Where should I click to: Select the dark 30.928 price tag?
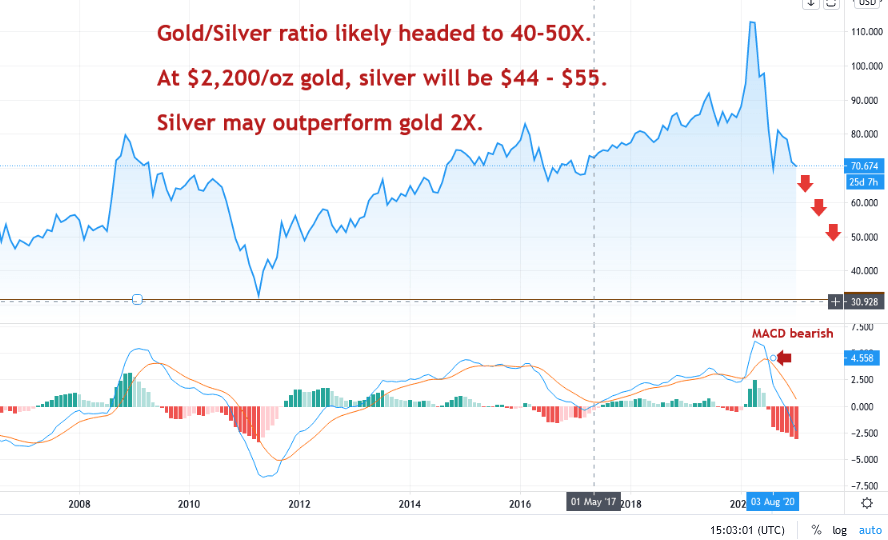[x=864, y=301]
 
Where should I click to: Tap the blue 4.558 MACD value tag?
[x=863, y=357]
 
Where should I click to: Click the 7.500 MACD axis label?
[x=863, y=327]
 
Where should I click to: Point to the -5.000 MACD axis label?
[x=862, y=460]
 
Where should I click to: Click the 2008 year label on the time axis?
[x=80, y=504]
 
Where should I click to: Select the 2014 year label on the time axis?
[x=409, y=504]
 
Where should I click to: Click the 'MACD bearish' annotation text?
[x=792, y=334]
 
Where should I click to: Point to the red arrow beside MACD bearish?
[x=784, y=357]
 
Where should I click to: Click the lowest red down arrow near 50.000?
[x=833, y=233]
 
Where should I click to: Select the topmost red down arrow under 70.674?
[x=804, y=182]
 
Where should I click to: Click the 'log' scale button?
[x=839, y=529]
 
